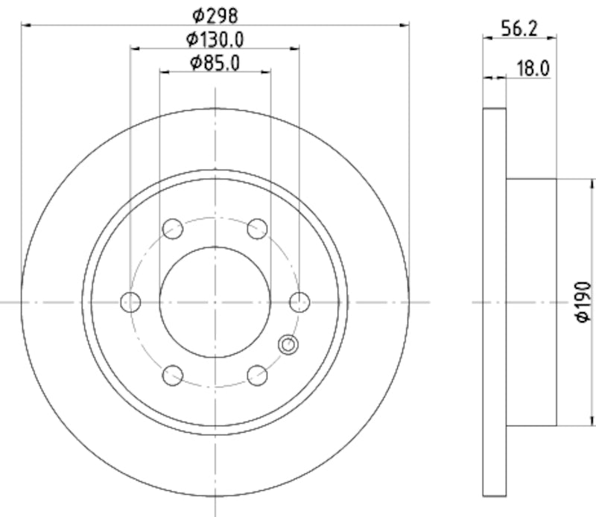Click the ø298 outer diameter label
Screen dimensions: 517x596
pos(215,14)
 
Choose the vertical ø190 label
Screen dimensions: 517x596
pos(583,302)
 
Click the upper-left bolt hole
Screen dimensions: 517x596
pos(173,229)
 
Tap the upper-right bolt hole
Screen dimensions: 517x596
pos(258,229)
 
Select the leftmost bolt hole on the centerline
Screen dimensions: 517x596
pos(130,302)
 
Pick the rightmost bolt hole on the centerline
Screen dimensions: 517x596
pos(299,302)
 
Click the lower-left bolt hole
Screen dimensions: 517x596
pos(173,375)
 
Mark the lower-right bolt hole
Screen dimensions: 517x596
pos(258,375)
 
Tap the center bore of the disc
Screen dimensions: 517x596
pos(215,302)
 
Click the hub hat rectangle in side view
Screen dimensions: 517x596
pos(531,302)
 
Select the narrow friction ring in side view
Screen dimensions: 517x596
pos(495,302)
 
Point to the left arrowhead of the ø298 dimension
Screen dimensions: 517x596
pos(24,25)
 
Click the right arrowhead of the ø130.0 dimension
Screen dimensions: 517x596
pos(297,49)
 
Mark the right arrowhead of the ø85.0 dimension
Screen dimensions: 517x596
pos(267,73)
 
